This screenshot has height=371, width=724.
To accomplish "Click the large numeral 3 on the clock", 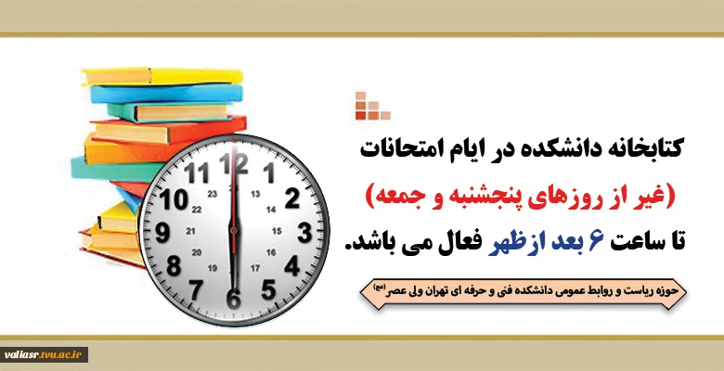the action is pyautogui.click(x=304, y=233).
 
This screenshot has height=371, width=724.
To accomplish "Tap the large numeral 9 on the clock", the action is pyautogui.click(x=162, y=233).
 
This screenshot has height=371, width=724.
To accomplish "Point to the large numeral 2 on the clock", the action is pyautogui.click(x=292, y=198).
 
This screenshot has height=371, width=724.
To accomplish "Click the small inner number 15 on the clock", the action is pyautogui.click(x=277, y=231).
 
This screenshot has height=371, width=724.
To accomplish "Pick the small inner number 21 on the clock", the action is pyautogui.click(x=190, y=231).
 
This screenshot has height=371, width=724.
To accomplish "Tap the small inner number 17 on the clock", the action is pyautogui.click(x=255, y=268).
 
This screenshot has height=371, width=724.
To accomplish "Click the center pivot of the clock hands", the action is pyautogui.click(x=234, y=230).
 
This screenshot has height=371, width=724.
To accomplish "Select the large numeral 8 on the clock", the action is pyautogui.click(x=174, y=266).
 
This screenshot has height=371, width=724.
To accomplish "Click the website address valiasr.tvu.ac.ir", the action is pyautogui.click(x=43, y=354).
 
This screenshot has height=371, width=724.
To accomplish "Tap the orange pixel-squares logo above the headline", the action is pyautogui.click(x=372, y=106).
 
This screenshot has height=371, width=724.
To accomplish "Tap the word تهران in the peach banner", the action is pyautogui.click(x=462, y=291).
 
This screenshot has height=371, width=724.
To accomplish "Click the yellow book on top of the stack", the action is pyautogui.click(x=162, y=76).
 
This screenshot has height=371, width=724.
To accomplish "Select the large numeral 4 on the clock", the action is pyautogui.click(x=292, y=266).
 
